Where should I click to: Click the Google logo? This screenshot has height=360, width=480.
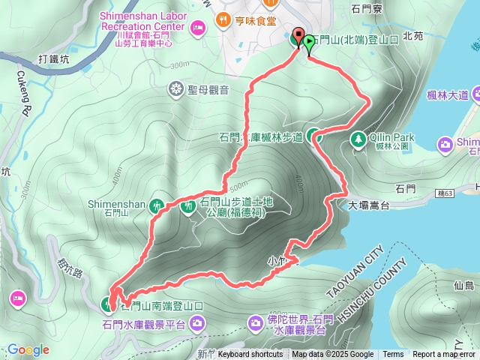click(x=28, y=349)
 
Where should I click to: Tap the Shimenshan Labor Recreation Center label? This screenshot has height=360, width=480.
click(x=142, y=21)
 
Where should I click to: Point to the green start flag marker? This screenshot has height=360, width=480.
click(x=309, y=42)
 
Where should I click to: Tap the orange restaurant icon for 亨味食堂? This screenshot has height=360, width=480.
click(x=223, y=19)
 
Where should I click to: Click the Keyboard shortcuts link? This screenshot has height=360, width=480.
click(x=250, y=354)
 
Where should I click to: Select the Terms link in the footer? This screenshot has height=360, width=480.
click(x=393, y=354)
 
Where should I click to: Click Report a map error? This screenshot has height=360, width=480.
click(x=444, y=354)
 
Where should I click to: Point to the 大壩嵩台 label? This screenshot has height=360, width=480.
click(x=370, y=204)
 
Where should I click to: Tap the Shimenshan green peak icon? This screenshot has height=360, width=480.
click(x=157, y=204)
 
